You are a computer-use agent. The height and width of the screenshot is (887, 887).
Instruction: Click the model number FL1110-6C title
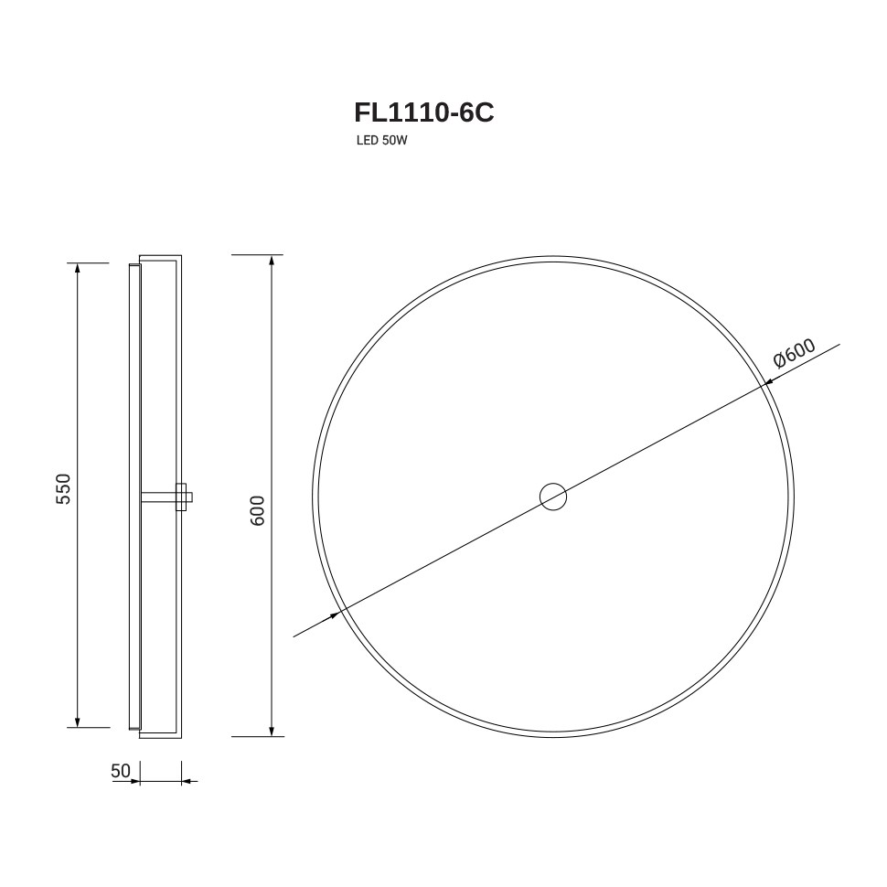coord(423,112)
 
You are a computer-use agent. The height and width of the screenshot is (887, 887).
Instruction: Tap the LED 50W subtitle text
coord(382,141)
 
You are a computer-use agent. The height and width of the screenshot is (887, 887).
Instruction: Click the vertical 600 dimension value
coord(257,511)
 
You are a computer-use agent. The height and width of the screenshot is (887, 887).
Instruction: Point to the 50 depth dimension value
coord(121,771)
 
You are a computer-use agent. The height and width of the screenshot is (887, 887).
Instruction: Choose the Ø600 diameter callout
coord(795,354)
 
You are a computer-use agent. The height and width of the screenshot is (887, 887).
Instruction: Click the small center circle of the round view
coord(553,497)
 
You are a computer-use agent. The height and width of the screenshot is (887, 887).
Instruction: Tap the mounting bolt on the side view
coord(167,497)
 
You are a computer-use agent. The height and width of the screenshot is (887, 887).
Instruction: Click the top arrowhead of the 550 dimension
coord(78,268)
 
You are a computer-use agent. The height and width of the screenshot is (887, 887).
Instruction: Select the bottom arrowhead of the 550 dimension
coord(78,721)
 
